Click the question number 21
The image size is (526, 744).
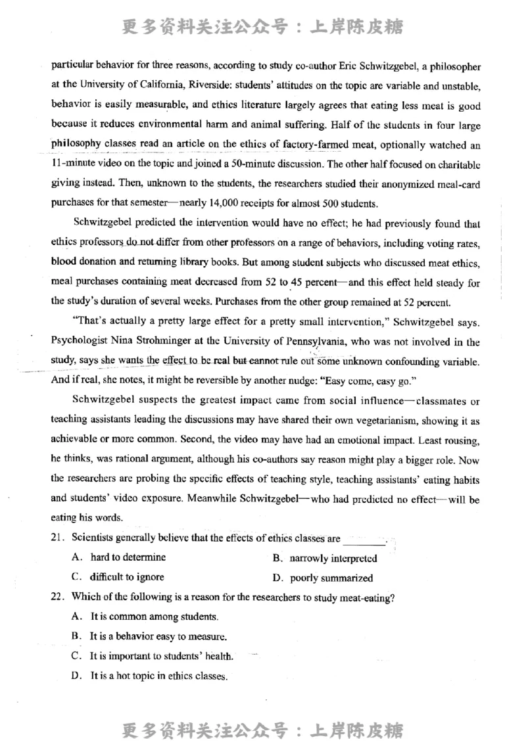click(57, 539)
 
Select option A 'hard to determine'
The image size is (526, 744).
click(128, 557)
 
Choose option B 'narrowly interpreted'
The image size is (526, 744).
click(333, 559)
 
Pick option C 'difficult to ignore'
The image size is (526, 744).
click(127, 577)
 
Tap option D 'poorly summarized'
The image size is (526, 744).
click(331, 578)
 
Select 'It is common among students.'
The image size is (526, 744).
click(154, 616)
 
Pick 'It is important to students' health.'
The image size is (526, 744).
click(162, 656)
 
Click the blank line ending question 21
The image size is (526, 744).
click(364, 540)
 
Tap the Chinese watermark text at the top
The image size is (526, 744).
click(262, 27)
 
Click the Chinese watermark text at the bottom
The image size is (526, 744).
click(262, 729)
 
